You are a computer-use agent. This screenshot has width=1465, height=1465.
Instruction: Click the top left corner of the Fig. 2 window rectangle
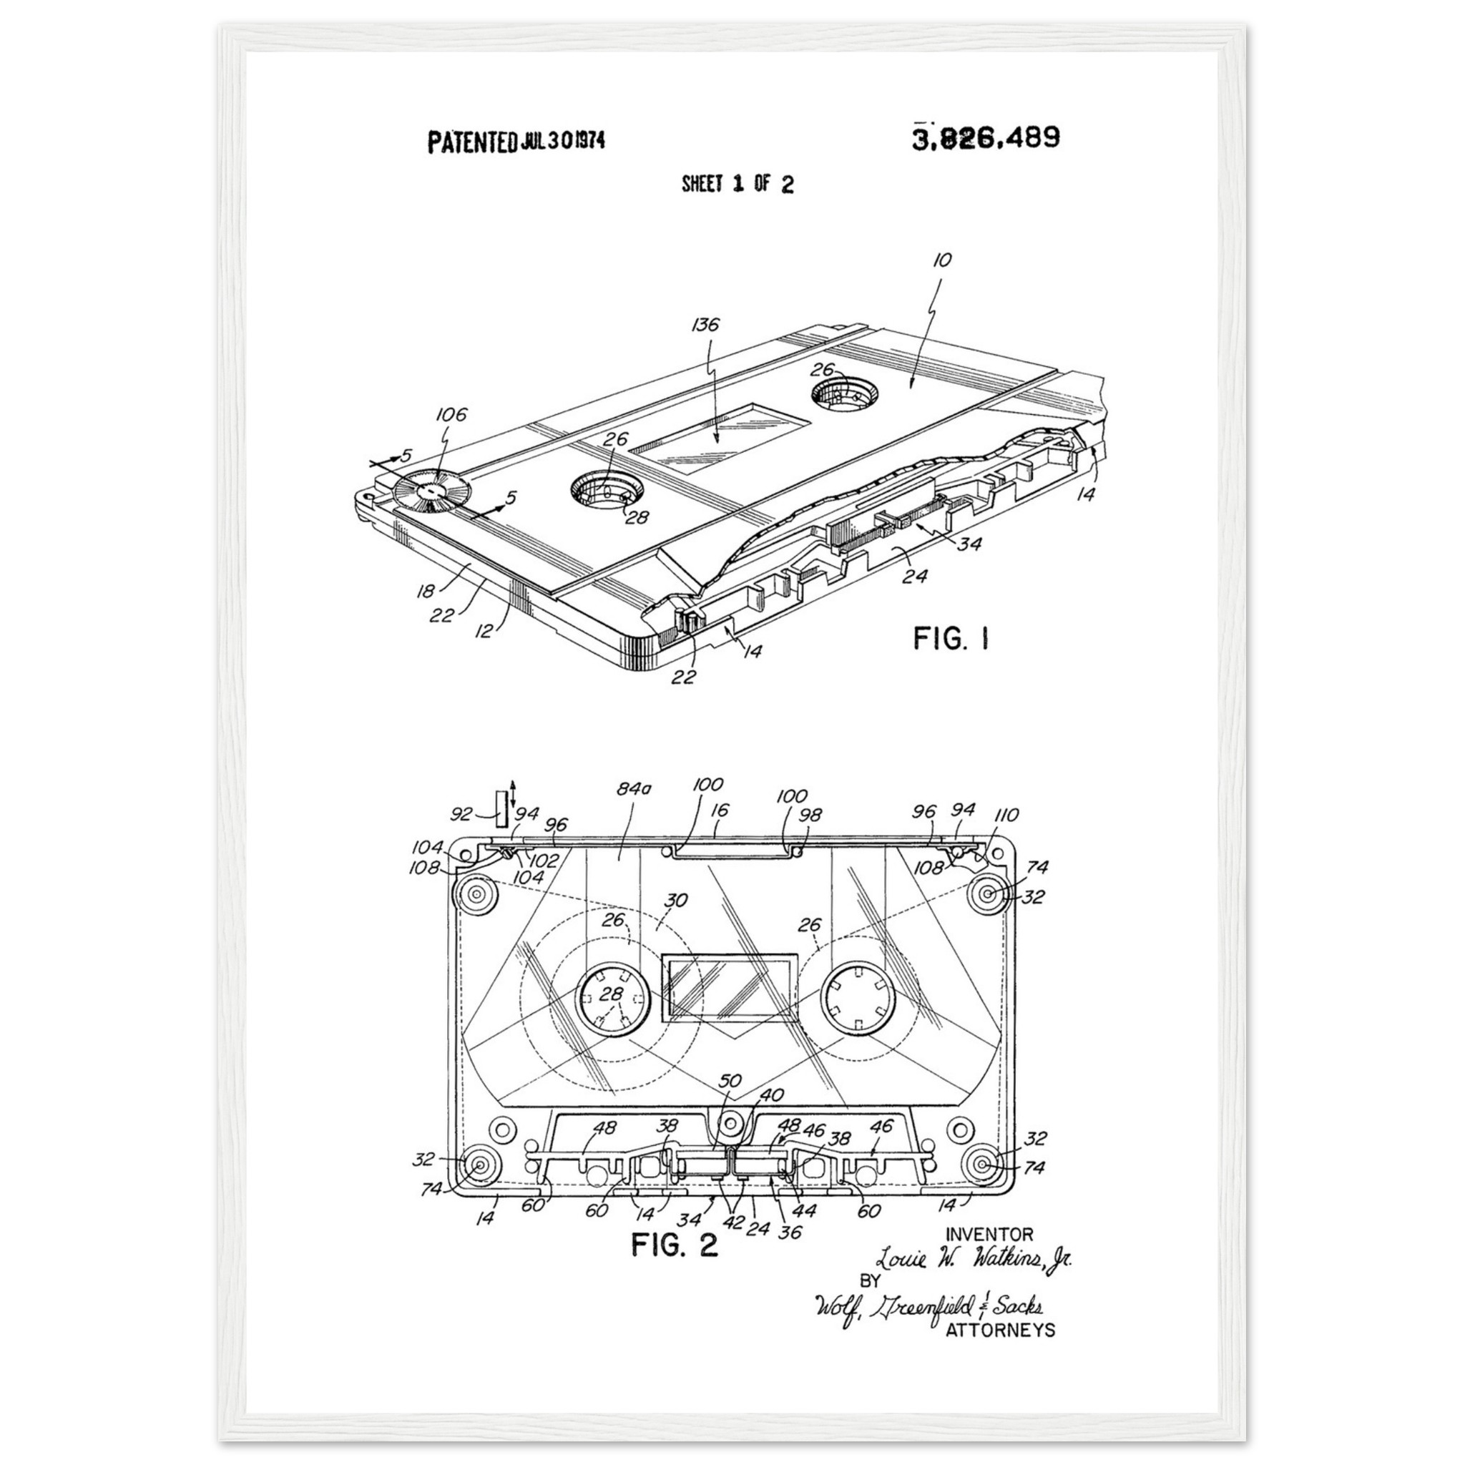[662, 954]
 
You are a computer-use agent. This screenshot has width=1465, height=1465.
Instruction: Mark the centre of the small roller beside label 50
[731, 1122]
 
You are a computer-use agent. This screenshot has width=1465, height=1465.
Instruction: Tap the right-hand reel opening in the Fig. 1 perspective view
[845, 393]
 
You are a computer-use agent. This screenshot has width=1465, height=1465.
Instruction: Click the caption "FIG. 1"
[951, 639]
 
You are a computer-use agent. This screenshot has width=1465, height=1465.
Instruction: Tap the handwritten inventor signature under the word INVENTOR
[974, 1260]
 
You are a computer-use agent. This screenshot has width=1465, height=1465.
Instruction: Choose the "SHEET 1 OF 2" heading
[737, 185]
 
